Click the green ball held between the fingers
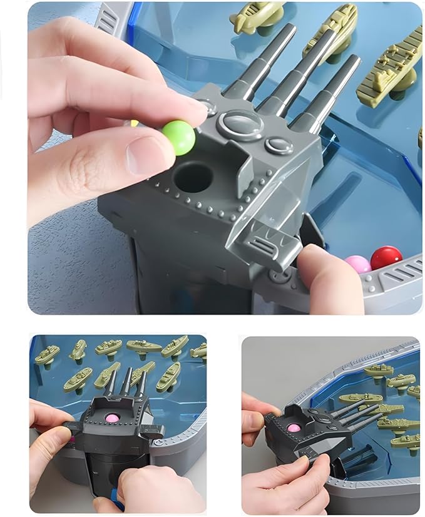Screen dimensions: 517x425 click(x=179, y=138)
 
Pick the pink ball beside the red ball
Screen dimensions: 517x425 click(x=359, y=264)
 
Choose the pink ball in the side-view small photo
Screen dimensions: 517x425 click(x=294, y=428)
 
